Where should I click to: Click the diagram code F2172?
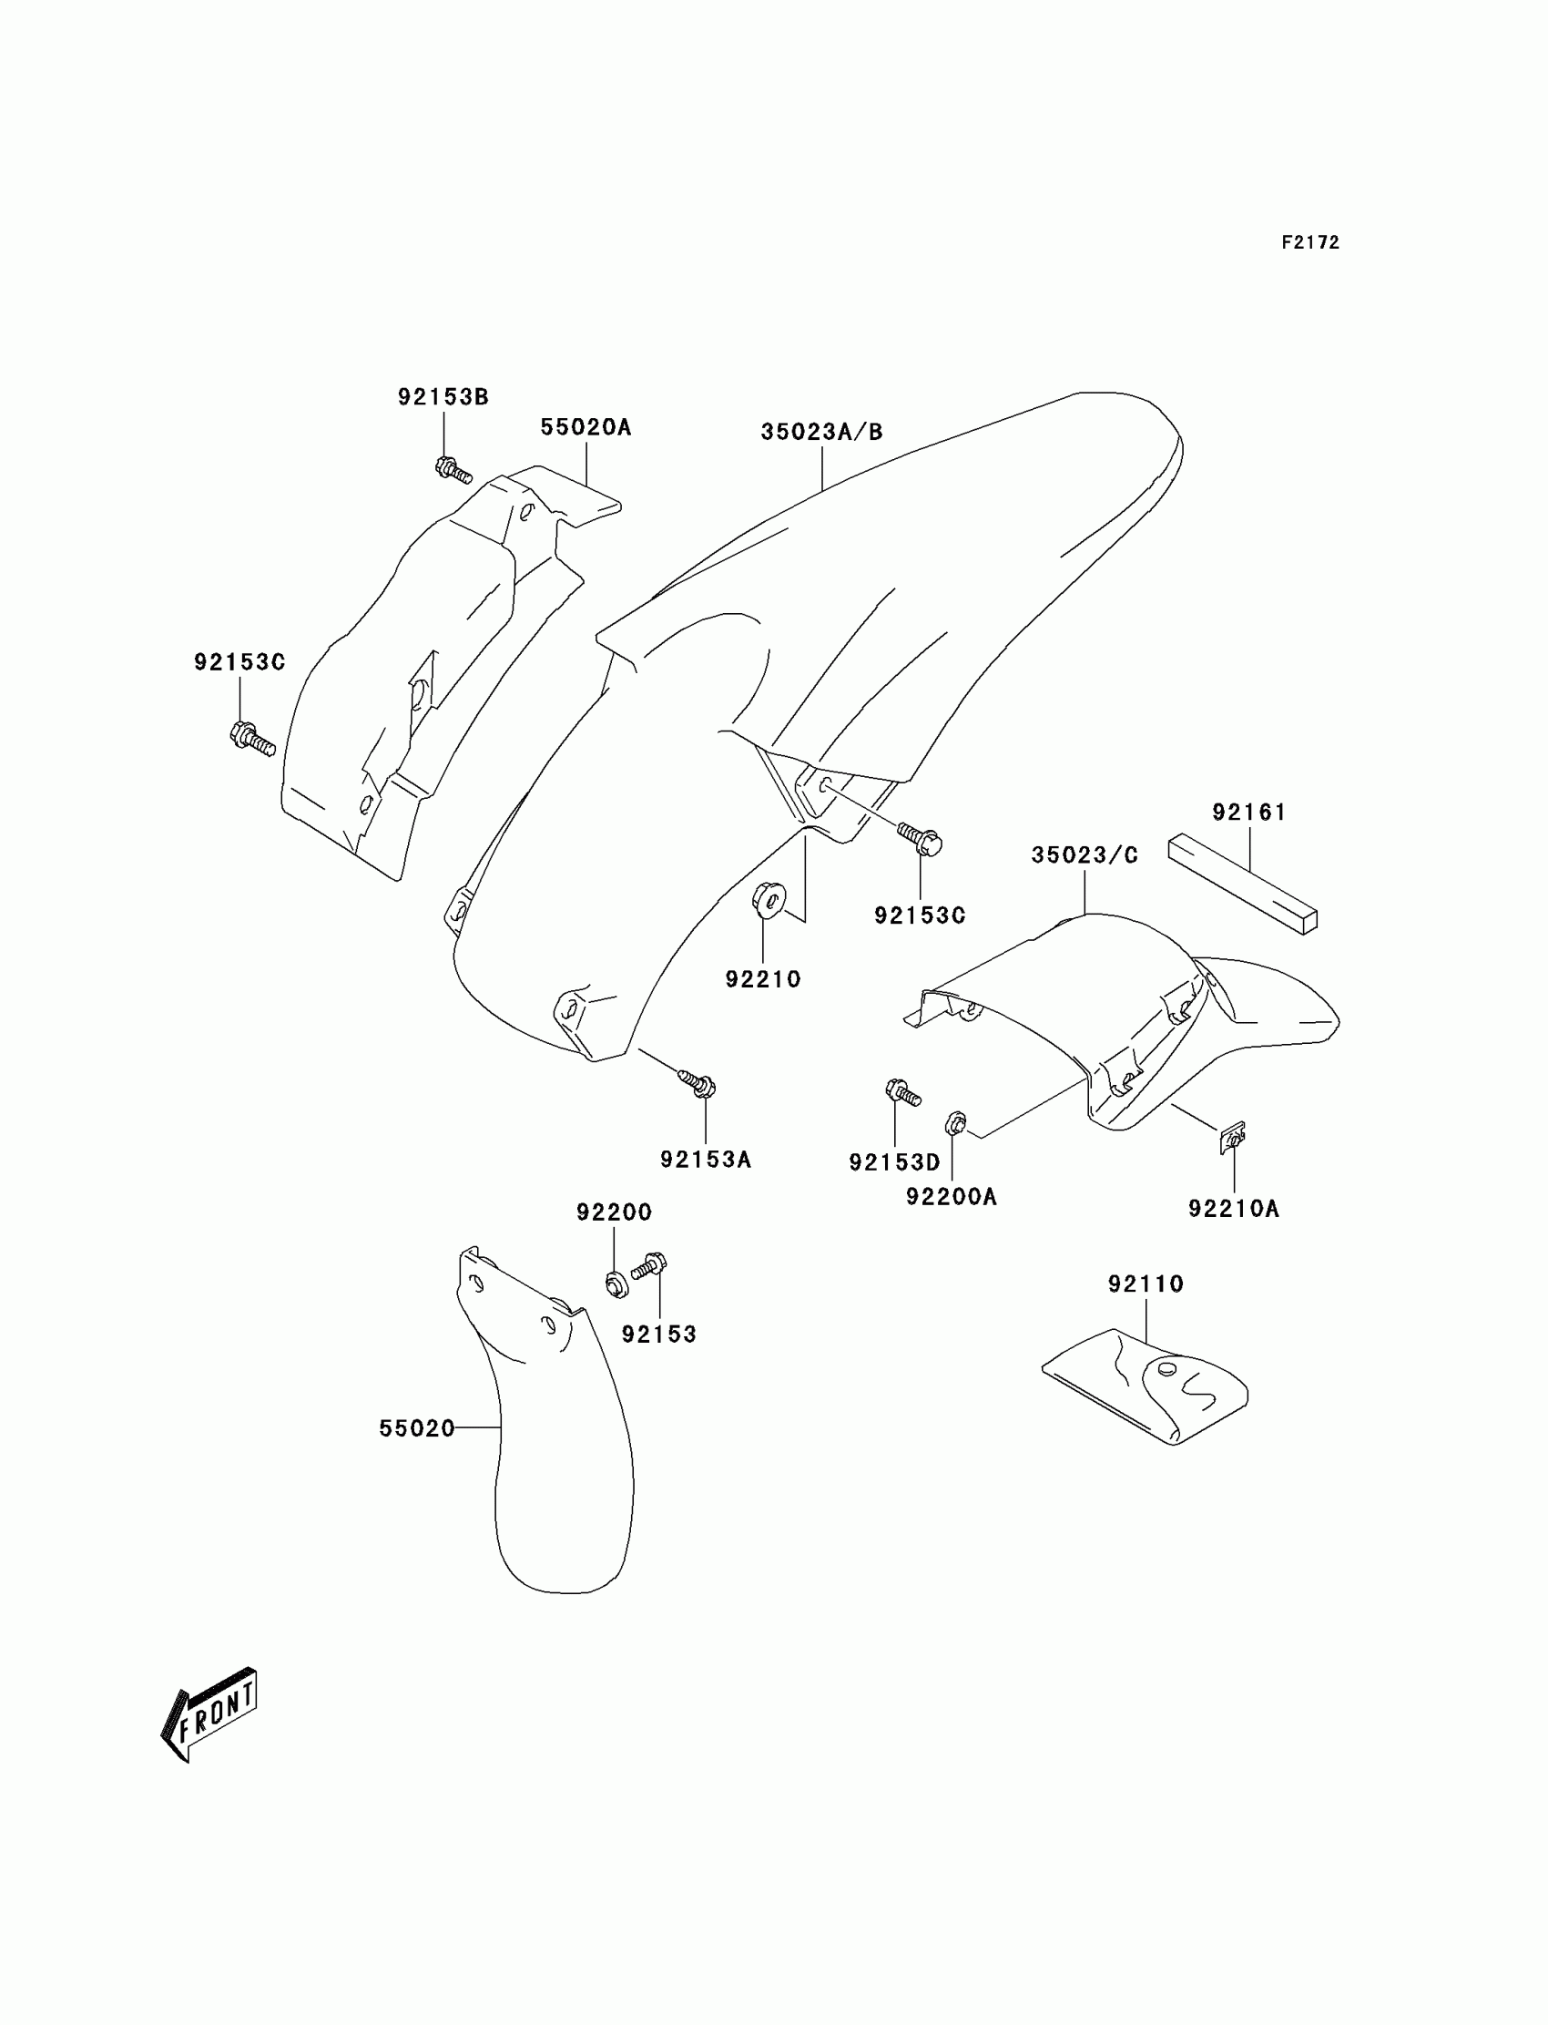coord(1309,242)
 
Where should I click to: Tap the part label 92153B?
coord(443,396)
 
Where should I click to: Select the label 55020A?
coord(586,426)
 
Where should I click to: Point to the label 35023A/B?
coord(821,432)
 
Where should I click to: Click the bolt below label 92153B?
coord(453,470)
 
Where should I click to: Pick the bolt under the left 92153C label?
coord(251,738)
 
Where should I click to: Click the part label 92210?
coord(763,979)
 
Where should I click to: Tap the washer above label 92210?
coord(769,899)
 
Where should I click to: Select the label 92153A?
coord(706,1160)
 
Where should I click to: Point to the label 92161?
coord(1248,812)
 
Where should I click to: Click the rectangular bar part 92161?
coord(1243,884)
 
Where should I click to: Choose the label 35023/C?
coord(1085,855)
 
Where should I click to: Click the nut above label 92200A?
coord(954,1123)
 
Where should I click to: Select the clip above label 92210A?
coord(1233,1140)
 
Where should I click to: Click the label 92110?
coord(1146,1283)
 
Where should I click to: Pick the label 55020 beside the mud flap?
coord(416,1427)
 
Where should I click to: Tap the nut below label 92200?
coord(616,1283)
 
